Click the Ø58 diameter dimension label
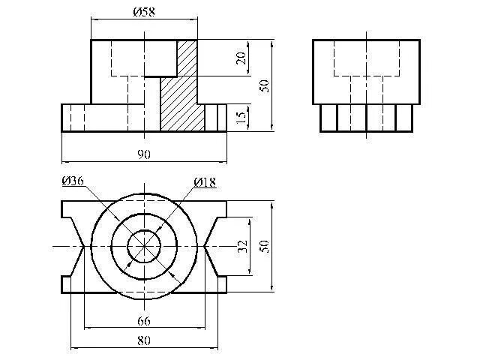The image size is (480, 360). [144, 11]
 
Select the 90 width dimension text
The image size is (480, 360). [144, 154]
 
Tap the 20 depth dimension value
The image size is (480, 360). [241, 58]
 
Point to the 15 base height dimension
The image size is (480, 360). [241, 118]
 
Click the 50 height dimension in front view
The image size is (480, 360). [263, 84]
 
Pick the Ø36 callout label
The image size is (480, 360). [73, 181]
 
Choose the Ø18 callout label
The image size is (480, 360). [205, 182]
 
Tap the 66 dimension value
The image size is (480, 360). [144, 321]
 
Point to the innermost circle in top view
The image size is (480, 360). [144, 246]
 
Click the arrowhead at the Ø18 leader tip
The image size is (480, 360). [155, 232]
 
